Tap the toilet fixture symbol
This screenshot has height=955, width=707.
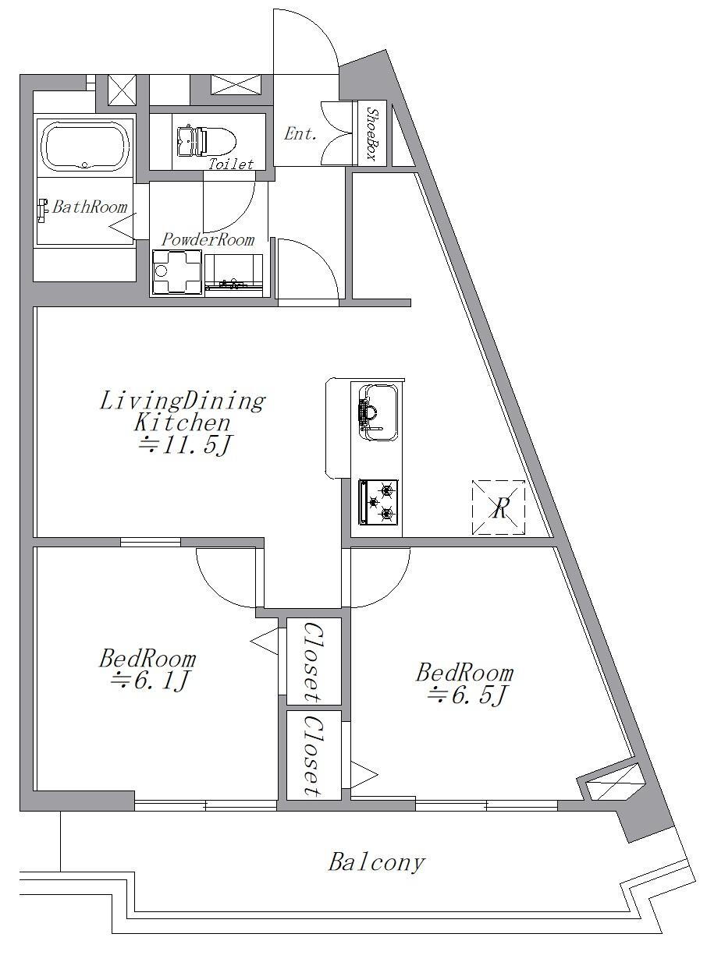pos(207,140)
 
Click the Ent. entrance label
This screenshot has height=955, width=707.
pos(300,134)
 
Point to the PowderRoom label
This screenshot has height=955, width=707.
pos(208,239)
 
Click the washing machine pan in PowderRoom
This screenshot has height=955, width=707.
pos(176,273)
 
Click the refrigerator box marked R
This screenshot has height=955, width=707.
pos(499,508)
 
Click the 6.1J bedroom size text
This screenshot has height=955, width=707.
pos(150,681)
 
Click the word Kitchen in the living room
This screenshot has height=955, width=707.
pos(183,423)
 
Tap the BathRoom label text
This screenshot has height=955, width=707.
pos(90,207)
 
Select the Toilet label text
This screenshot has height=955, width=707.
pos(231,164)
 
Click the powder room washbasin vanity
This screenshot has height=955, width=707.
pos(233,274)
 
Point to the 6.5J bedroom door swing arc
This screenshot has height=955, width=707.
pos(393,589)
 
